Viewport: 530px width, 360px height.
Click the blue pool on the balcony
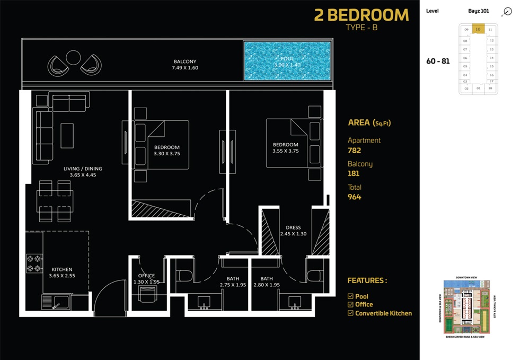pyautogui.click(x=287, y=61)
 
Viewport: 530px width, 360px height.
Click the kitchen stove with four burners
pyautogui.click(x=34, y=264)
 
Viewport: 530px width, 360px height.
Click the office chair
pyautogui.click(x=147, y=293)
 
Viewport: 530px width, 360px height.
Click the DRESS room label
pyautogui.click(x=293, y=228)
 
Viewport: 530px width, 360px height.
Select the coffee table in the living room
pyautogui.click(x=67, y=135)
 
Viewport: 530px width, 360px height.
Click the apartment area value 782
pyautogui.click(x=355, y=151)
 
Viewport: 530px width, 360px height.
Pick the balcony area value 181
pyautogui.click(x=354, y=173)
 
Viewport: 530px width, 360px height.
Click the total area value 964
pyautogui.click(x=355, y=197)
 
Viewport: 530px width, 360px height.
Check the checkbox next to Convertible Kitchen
pyautogui.click(x=350, y=313)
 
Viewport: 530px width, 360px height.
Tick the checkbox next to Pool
pyautogui.click(x=350, y=296)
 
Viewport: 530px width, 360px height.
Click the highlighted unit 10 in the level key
pyautogui.click(x=478, y=30)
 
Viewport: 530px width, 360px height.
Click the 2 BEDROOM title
pyautogui.click(x=361, y=15)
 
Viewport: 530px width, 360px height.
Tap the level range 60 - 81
pyautogui.click(x=438, y=61)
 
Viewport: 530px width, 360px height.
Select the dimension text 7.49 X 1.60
pyautogui.click(x=184, y=68)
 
